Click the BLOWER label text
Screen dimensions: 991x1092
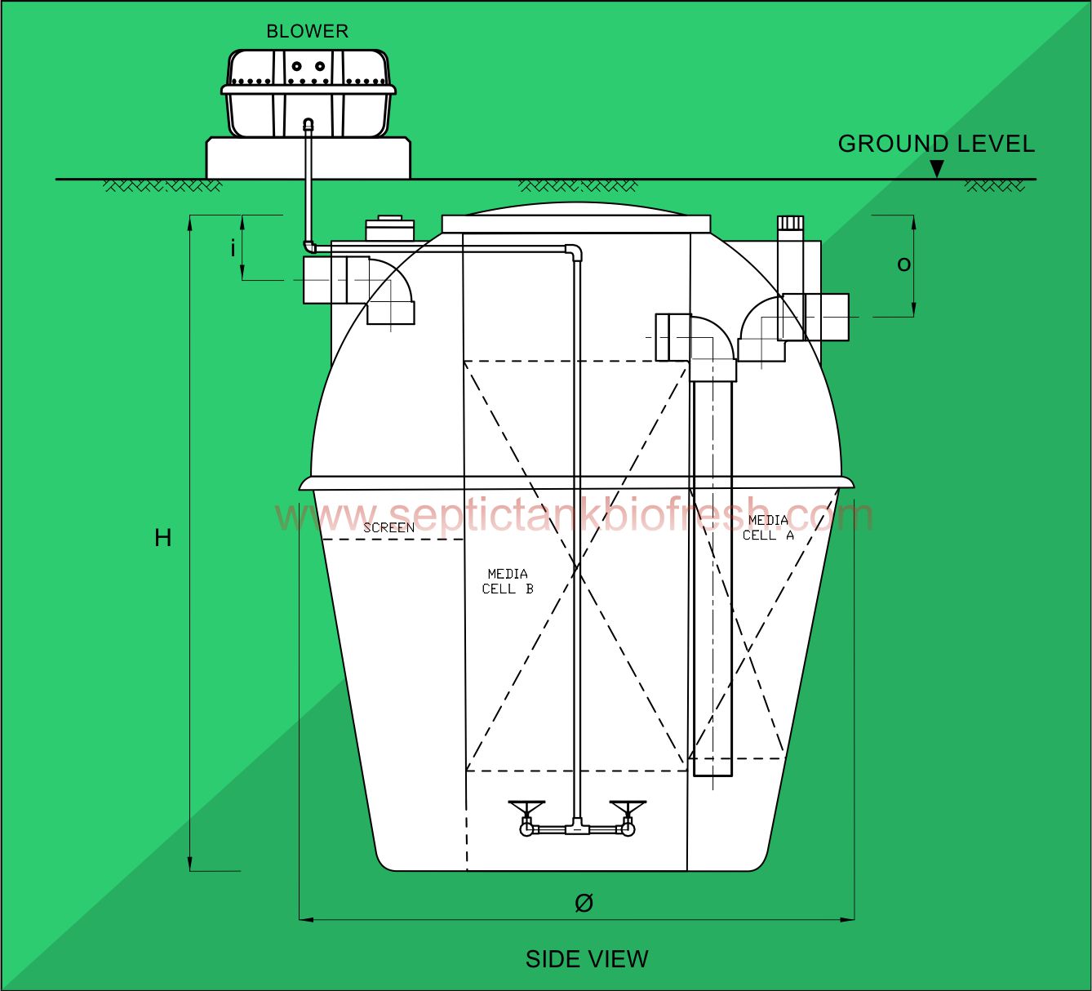click(x=307, y=31)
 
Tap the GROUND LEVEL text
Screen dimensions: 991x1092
click(x=935, y=144)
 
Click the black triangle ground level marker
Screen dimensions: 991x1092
click(x=937, y=169)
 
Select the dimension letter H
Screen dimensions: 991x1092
click(x=163, y=538)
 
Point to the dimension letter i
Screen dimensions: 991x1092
click(x=233, y=247)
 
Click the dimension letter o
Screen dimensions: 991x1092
click(x=903, y=264)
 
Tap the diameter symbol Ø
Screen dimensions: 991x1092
click(x=584, y=902)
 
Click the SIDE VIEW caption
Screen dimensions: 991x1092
click(x=586, y=958)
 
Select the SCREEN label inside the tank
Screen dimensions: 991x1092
click(x=388, y=528)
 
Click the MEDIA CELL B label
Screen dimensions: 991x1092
click(x=507, y=581)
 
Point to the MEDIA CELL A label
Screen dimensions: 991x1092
click(x=767, y=527)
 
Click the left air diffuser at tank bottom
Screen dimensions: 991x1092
click(x=526, y=817)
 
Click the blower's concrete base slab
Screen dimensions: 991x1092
click(x=308, y=158)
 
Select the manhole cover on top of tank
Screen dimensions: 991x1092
click(x=575, y=224)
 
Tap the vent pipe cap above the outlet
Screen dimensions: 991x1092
click(x=790, y=222)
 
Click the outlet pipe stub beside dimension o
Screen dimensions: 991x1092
click(x=827, y=317)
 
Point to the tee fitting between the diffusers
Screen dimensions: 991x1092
click(x=577, y=828)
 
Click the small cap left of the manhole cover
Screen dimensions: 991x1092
click(x=388, y=228)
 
